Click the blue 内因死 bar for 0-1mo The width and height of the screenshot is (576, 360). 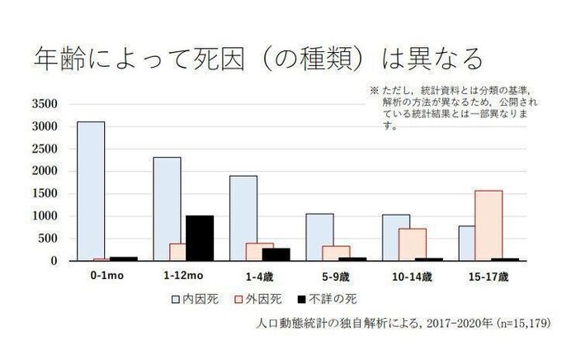point(91,191)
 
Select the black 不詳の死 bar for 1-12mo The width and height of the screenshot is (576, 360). point(200,238)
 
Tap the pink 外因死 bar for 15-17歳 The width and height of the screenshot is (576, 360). point(488,225)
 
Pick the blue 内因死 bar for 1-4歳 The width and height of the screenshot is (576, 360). point(243,218)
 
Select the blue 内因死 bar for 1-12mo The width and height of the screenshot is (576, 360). point(167,209)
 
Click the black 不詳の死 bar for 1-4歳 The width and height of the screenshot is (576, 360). point(276,254)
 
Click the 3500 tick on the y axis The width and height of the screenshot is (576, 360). point(45,104)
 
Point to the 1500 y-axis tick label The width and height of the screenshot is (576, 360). point(45,194)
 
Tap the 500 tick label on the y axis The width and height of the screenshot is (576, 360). point(48,239)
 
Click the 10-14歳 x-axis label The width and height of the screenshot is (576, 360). point(412,274)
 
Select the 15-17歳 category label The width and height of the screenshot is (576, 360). point(488,274)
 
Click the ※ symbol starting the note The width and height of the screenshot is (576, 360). point(373,89)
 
